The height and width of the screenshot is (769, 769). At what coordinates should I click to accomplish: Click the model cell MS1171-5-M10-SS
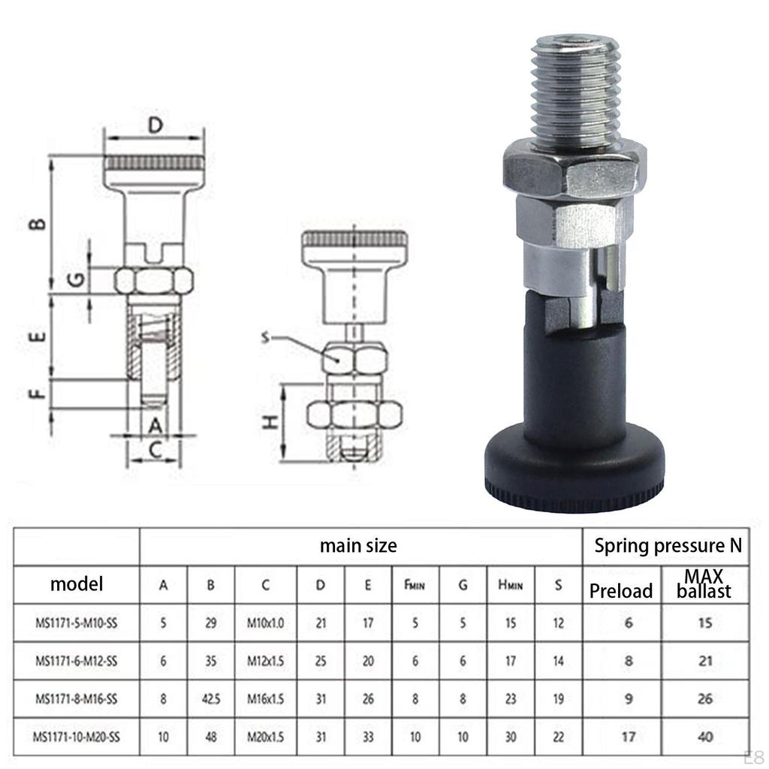coord(77,623)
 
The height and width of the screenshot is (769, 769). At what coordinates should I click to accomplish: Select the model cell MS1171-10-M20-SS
coord(77,737)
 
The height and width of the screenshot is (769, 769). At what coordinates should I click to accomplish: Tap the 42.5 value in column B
coord(210,699)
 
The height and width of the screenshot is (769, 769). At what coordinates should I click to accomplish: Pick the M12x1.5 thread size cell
coord(266,662)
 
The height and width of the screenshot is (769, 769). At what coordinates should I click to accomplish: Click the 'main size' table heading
coord(358,545)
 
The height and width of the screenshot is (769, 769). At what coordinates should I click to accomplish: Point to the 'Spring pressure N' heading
coord(668,545)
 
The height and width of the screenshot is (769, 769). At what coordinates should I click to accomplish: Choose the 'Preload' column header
coord(621,591)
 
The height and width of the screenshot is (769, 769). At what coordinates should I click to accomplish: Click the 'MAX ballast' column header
coord(704,584)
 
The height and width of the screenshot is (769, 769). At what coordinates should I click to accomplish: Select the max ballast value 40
coord(704,737)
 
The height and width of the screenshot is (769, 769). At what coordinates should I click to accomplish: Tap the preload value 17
coord(629,737)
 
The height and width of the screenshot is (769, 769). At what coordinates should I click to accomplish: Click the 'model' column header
coord(77,584)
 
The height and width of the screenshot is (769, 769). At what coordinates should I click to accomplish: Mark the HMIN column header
coord(510,585)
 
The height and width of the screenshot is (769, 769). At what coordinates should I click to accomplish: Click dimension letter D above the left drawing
coord(154,125)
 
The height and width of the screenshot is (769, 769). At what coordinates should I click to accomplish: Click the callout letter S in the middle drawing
coord(264,338)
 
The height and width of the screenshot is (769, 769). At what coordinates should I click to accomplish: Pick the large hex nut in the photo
coord(574,173)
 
